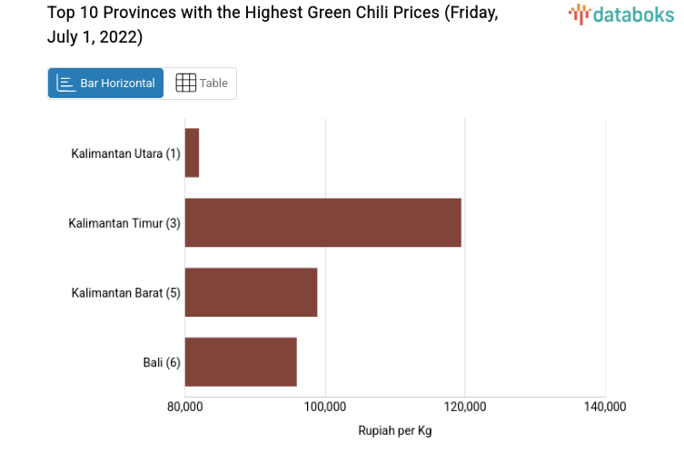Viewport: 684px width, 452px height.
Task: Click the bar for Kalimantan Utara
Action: (192, 152)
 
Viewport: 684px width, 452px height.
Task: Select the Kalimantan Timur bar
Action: (322, 222)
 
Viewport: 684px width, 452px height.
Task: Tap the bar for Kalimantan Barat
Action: (251, 292)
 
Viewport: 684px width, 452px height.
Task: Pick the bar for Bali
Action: (241, 361)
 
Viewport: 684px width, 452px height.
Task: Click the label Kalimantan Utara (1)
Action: (126, 153)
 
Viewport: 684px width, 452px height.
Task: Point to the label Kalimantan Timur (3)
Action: (124, 223)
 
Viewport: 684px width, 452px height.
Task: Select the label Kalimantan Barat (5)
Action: (126, 292)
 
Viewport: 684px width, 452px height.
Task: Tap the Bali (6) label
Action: (162, 362)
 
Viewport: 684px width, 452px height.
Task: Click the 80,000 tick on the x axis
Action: (184, 407)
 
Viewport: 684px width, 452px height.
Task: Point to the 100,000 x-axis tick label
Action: (325, 407)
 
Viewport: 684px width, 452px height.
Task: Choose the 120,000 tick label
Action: (465, 407)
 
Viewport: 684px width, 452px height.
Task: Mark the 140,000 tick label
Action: (605, 407)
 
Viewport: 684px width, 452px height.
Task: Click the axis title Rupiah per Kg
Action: (395, 430)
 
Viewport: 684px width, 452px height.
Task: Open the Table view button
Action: (201, 84)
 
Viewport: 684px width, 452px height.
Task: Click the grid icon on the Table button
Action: (185, 84)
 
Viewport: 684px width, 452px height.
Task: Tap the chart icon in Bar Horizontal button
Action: (66, 84)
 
